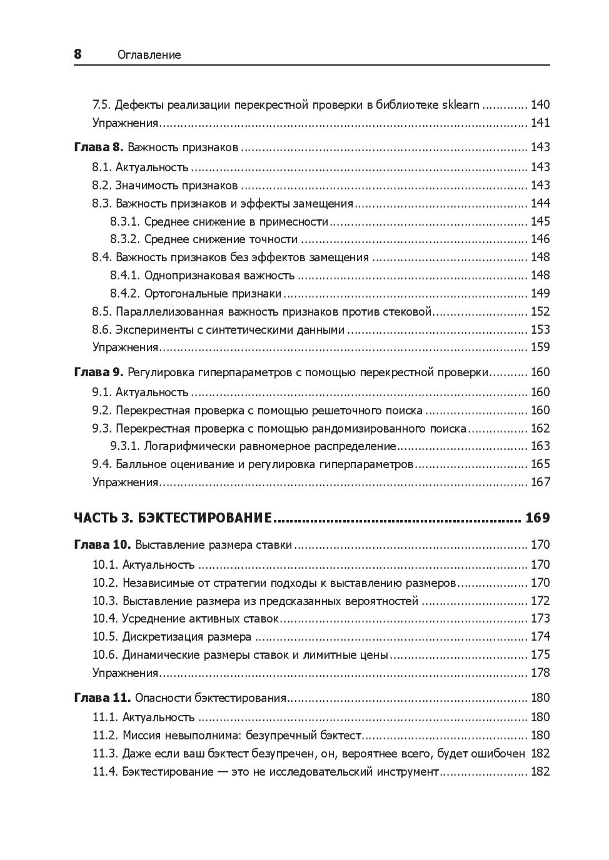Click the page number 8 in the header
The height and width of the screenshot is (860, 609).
(x=78, y=54)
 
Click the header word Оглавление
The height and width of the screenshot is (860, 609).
(x=149, y=55)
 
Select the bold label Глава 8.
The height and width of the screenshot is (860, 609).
(x=99, y=147)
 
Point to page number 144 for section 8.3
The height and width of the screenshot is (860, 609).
(x=540, y=203)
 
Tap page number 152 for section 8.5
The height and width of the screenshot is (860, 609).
(x=540, y=311)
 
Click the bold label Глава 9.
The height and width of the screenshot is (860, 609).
(x=99, y=372)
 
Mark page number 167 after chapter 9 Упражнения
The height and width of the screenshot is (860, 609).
(x=540, y=482)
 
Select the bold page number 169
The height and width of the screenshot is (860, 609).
(x=538, y=518)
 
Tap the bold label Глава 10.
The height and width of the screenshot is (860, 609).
(x=102, y=545)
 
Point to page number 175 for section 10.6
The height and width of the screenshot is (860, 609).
(x=540, y=654)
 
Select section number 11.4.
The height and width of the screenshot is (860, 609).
(x=104, y=771)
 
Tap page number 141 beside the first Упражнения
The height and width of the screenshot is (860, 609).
(x=540, y=122)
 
